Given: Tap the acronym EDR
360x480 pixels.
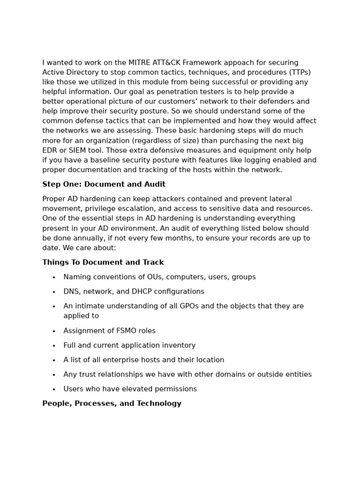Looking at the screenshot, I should click(50, 150).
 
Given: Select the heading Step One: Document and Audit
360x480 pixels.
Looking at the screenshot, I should click(104, 184).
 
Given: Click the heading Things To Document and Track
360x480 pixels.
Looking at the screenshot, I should click(103, 262).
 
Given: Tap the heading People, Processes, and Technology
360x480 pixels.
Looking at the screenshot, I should click(112, 404).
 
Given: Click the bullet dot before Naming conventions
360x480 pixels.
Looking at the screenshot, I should click(54, 277).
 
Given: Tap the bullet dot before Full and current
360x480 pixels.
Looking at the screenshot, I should click(54, 346).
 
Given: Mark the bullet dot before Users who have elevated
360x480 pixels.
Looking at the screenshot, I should click(54, 390).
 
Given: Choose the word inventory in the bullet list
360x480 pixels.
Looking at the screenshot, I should click(179, 345).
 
